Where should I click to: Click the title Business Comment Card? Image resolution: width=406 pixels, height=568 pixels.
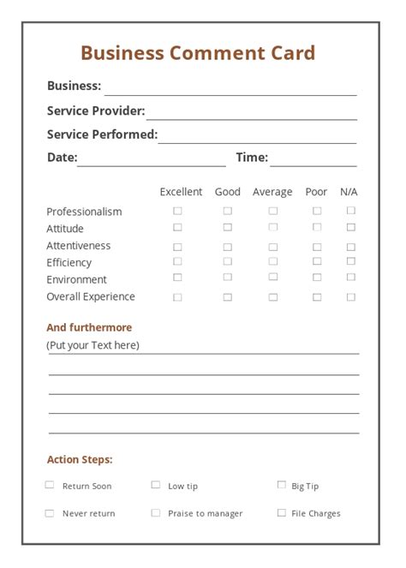click(198, 53)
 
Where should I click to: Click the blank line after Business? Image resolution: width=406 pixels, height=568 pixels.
click(230, 88)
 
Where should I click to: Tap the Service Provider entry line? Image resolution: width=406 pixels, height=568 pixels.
click(251, 113)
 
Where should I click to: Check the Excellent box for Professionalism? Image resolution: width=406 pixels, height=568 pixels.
click(178, 211)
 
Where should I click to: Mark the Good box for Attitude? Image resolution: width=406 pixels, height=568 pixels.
click(228, 228)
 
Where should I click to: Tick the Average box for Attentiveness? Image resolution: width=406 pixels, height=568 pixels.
click(273, 247)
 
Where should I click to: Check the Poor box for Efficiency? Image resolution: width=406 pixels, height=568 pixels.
click(317, 261)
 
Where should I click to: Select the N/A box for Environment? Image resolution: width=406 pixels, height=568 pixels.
click(350, 278)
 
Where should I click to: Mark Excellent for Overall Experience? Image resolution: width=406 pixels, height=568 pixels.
click(178, 297)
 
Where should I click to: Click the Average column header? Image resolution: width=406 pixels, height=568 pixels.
click(272, 192)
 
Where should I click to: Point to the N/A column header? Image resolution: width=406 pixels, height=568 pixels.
click(349, 192)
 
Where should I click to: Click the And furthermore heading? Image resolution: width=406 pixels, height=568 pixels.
click(89, 327)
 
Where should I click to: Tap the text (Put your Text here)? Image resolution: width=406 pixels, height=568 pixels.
click(93, 345)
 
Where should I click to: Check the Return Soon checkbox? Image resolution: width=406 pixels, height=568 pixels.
click(50, 485)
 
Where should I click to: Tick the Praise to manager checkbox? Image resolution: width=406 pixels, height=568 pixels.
click(156, 513)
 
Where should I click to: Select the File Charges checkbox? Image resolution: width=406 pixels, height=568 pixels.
click(282, 513)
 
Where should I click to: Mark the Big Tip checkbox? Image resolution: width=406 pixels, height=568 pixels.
click(282, 485)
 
